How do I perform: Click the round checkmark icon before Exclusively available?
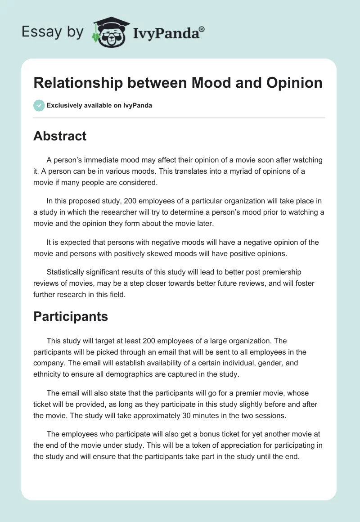pos(39,105)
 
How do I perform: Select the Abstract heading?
pos(60,136)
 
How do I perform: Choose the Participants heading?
pos(71,316)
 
